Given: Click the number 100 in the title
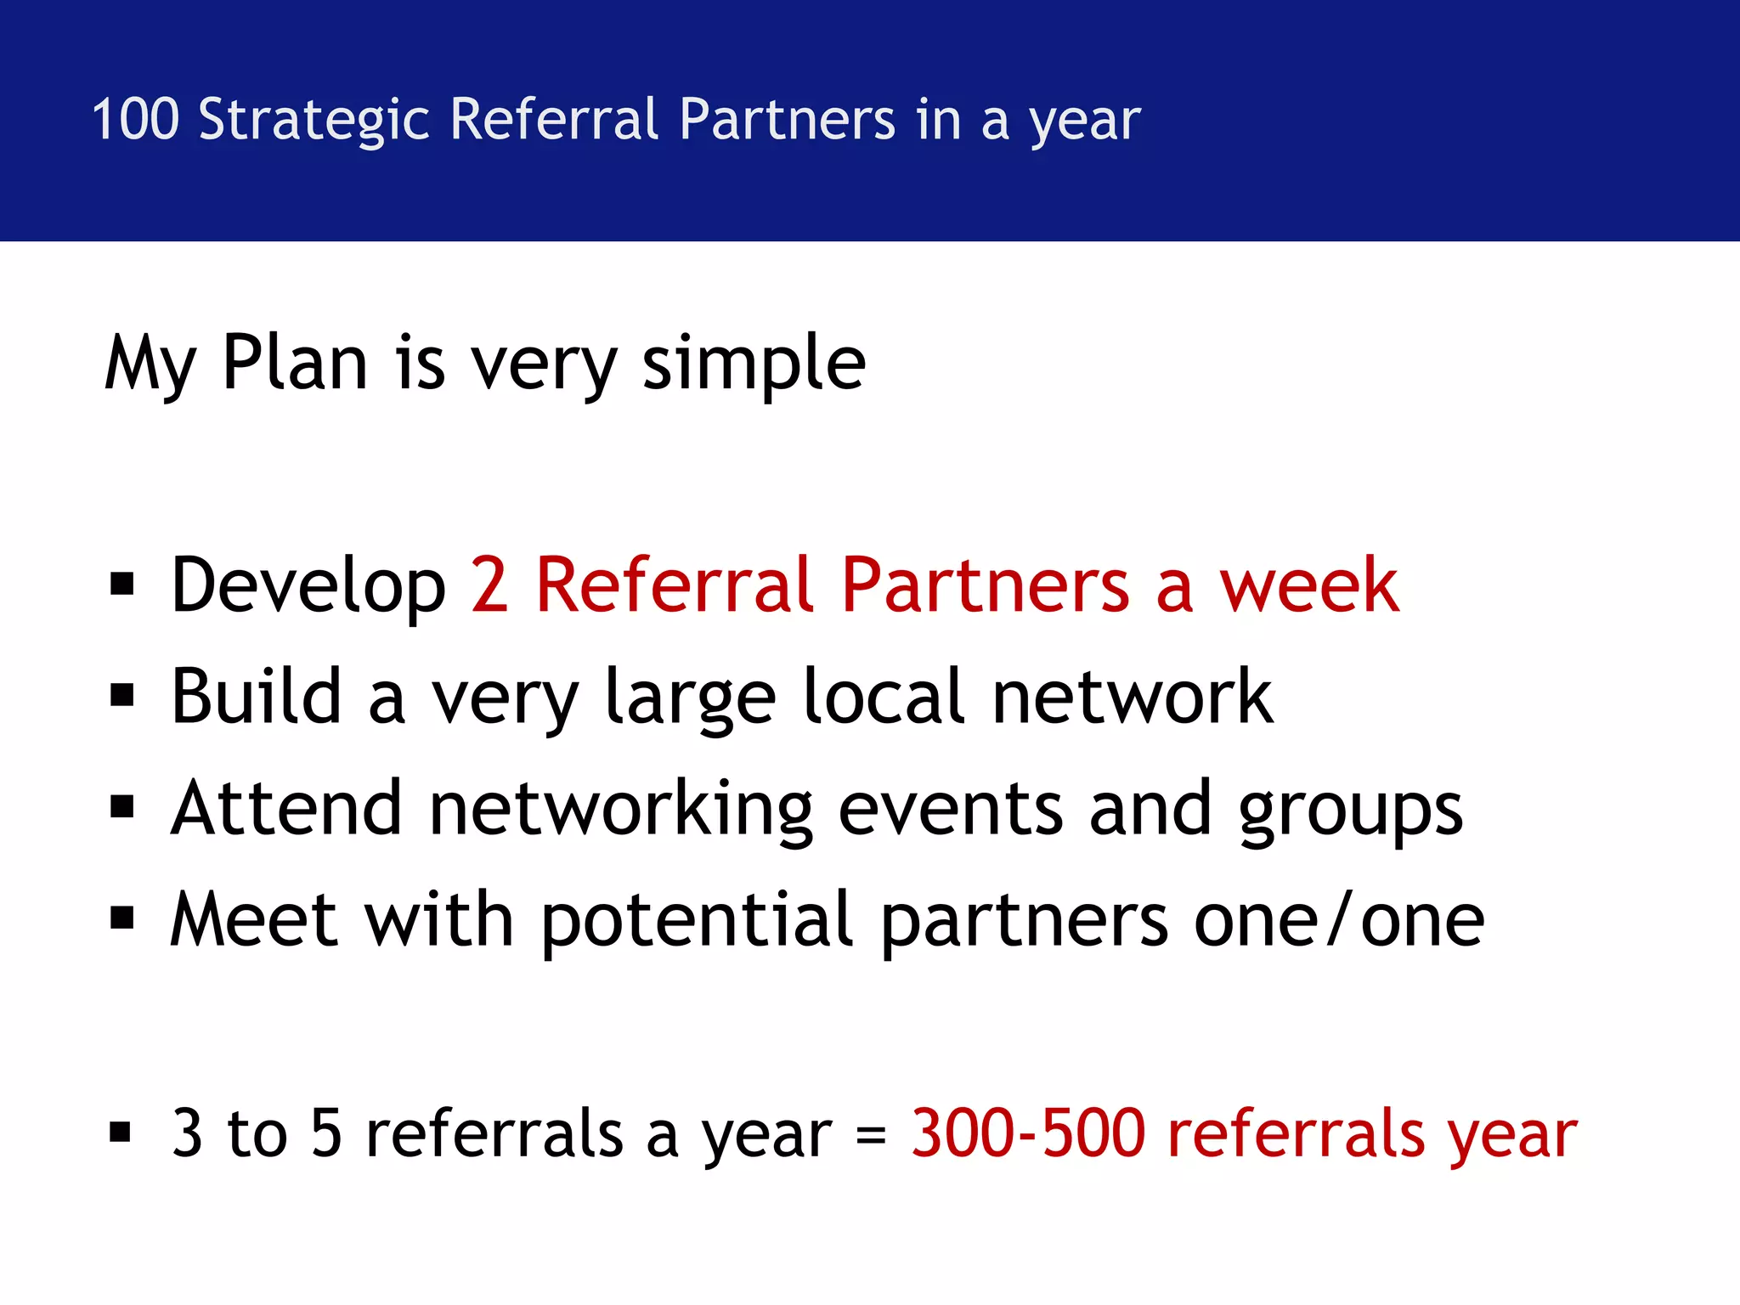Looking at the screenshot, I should click(135, 119).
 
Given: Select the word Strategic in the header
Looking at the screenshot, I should click(314, 121).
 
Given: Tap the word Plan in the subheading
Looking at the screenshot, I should click(295, 364).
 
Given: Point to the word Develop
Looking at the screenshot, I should click(308, 586).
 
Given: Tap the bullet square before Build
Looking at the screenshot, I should click(122, 696).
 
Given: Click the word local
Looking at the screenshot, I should click(884, 697).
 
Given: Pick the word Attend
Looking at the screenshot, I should click(286, 808).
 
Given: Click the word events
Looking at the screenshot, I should click(950, 809).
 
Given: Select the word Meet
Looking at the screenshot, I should click(255, 919).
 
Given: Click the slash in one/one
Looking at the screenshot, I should click(1339, 919).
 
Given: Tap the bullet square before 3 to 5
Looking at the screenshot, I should click(121, 1133).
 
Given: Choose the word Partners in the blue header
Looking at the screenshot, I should click(787, 119).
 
